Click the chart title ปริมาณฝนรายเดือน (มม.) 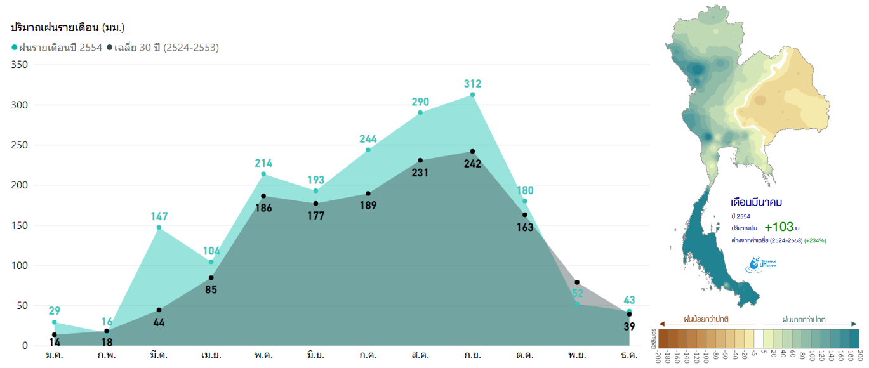pyautogui.click(x=68, y=27)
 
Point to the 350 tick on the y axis pyautogui.click(x=20, y=65)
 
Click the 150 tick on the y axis pyautogui.click(x=20, y=225)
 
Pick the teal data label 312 pyautogui.click(x=472, y=84)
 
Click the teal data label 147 pyautogui.click(x=159, y=216)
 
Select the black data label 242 pyautogui.click(x=472, y=163)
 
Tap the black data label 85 pyautogui.click(x=211, y=290)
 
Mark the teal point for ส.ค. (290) pyautogui.click(x=420, y=113)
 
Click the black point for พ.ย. pyautogui.click(x=577, y=282)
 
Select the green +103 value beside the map pyautogui.click(x=779, y=227)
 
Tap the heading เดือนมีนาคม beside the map pyautogui.click(x=757, y=202)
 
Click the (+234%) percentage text pyautogui.click(x=816, y=240)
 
